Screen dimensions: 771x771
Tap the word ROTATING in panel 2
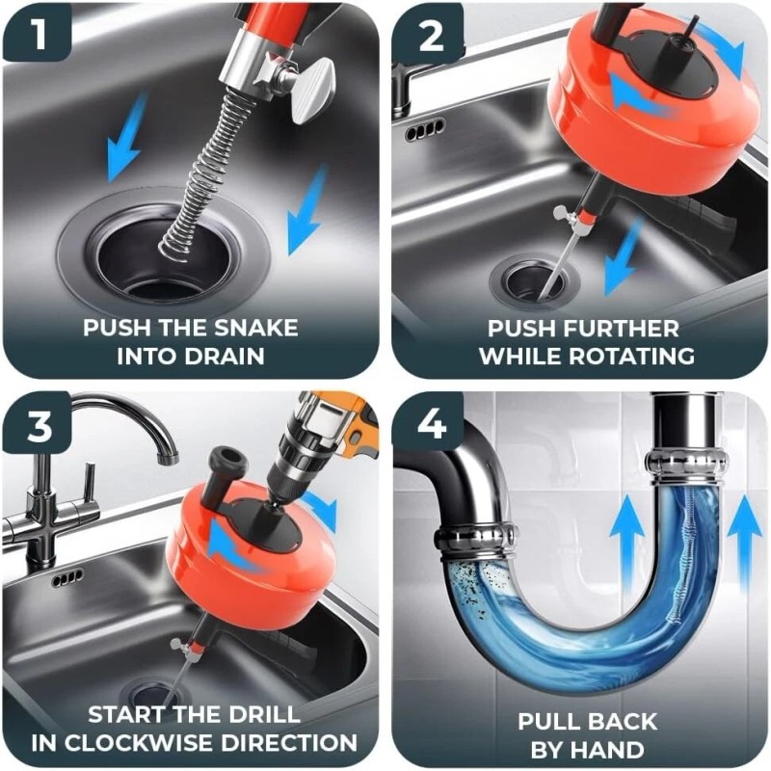click(637, 356)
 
